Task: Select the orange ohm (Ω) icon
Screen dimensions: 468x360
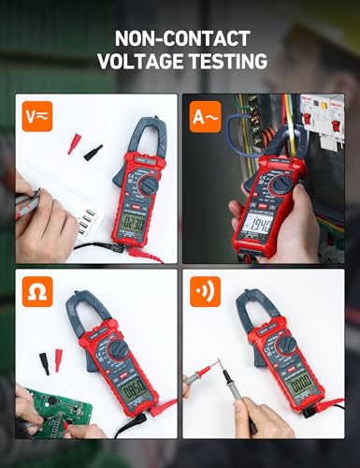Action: tap(36, 291)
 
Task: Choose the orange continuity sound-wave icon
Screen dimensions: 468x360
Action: tap(205, 291)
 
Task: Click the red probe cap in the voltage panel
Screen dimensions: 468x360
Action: tap(73, 143)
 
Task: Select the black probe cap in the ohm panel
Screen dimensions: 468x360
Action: tap(43, 362)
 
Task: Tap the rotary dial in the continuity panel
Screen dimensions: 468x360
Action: tap(285, 348)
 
